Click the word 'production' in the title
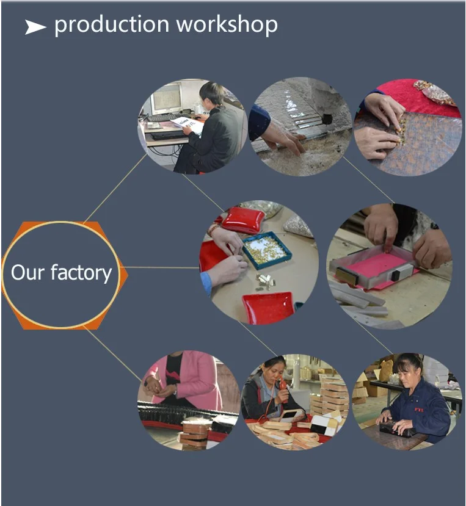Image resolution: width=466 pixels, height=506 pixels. coord(112,25)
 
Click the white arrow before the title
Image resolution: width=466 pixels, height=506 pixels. coord(35,27)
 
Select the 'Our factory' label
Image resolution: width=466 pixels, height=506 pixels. coord(61,272)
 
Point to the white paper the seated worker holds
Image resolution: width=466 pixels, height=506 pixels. coord(188,124)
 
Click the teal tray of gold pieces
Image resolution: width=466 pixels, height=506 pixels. coord(266,249)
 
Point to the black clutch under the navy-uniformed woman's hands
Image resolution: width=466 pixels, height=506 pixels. coord(396,428)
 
